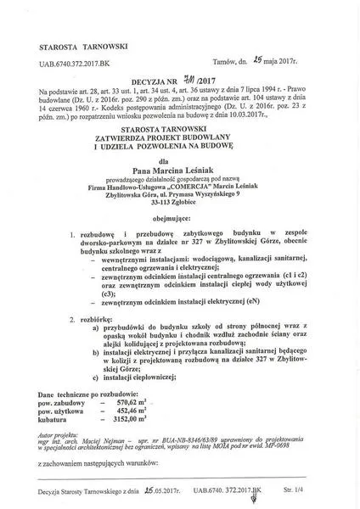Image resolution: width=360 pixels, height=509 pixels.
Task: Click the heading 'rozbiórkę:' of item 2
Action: pyautogui.click(x=92, y=319)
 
